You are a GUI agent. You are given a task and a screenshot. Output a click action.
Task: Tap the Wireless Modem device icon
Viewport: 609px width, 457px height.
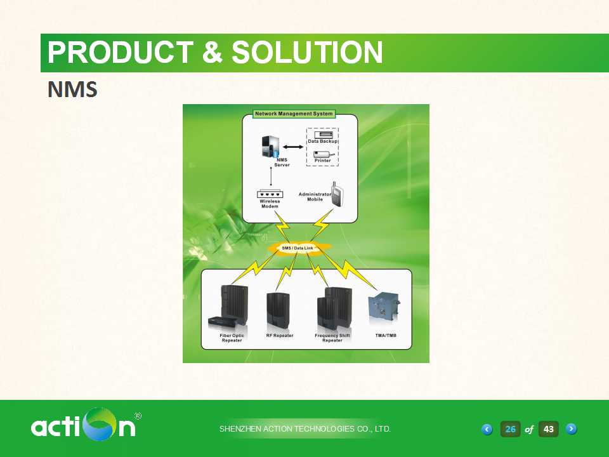point(270,194)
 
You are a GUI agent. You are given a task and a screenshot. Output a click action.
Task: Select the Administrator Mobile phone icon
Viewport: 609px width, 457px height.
point(337,193)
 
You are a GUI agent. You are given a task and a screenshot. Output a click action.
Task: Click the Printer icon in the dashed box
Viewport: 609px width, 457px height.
point(324,154)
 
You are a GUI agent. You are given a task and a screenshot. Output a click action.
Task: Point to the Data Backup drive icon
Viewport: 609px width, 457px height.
point(323,135)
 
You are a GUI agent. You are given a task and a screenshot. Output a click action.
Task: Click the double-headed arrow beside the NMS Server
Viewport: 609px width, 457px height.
point(293,147)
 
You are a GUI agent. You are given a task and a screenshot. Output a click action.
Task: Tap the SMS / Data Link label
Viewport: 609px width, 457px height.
point(297,248)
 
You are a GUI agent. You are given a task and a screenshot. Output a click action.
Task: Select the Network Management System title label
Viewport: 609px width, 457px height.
point(294,114)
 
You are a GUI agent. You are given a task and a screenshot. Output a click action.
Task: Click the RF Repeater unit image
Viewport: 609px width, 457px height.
point(278,310)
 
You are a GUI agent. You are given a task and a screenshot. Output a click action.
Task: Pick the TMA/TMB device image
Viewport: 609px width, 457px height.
point(384,309)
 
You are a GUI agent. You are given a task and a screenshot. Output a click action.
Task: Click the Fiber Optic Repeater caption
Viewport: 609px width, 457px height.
point(232,338)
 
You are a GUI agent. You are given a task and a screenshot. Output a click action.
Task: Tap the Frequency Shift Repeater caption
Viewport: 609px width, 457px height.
point(332,338)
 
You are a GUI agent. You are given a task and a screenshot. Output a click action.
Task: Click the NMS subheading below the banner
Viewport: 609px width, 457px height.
point(72,89)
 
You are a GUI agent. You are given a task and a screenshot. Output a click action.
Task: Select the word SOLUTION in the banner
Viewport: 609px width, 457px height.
point(307,53)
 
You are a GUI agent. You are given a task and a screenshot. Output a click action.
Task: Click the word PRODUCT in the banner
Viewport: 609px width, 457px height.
point(121,53)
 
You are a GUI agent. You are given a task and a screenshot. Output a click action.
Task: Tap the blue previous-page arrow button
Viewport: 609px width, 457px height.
point(487,429)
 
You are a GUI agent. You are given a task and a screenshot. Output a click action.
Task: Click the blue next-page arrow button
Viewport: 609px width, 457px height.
point(572,428)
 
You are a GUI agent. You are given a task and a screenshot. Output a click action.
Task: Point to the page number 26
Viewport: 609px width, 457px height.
point(510,429)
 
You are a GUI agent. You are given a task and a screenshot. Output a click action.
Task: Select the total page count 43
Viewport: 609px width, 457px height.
point(548,429)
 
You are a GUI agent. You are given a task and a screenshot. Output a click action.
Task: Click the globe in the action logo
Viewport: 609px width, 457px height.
point(101,424)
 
